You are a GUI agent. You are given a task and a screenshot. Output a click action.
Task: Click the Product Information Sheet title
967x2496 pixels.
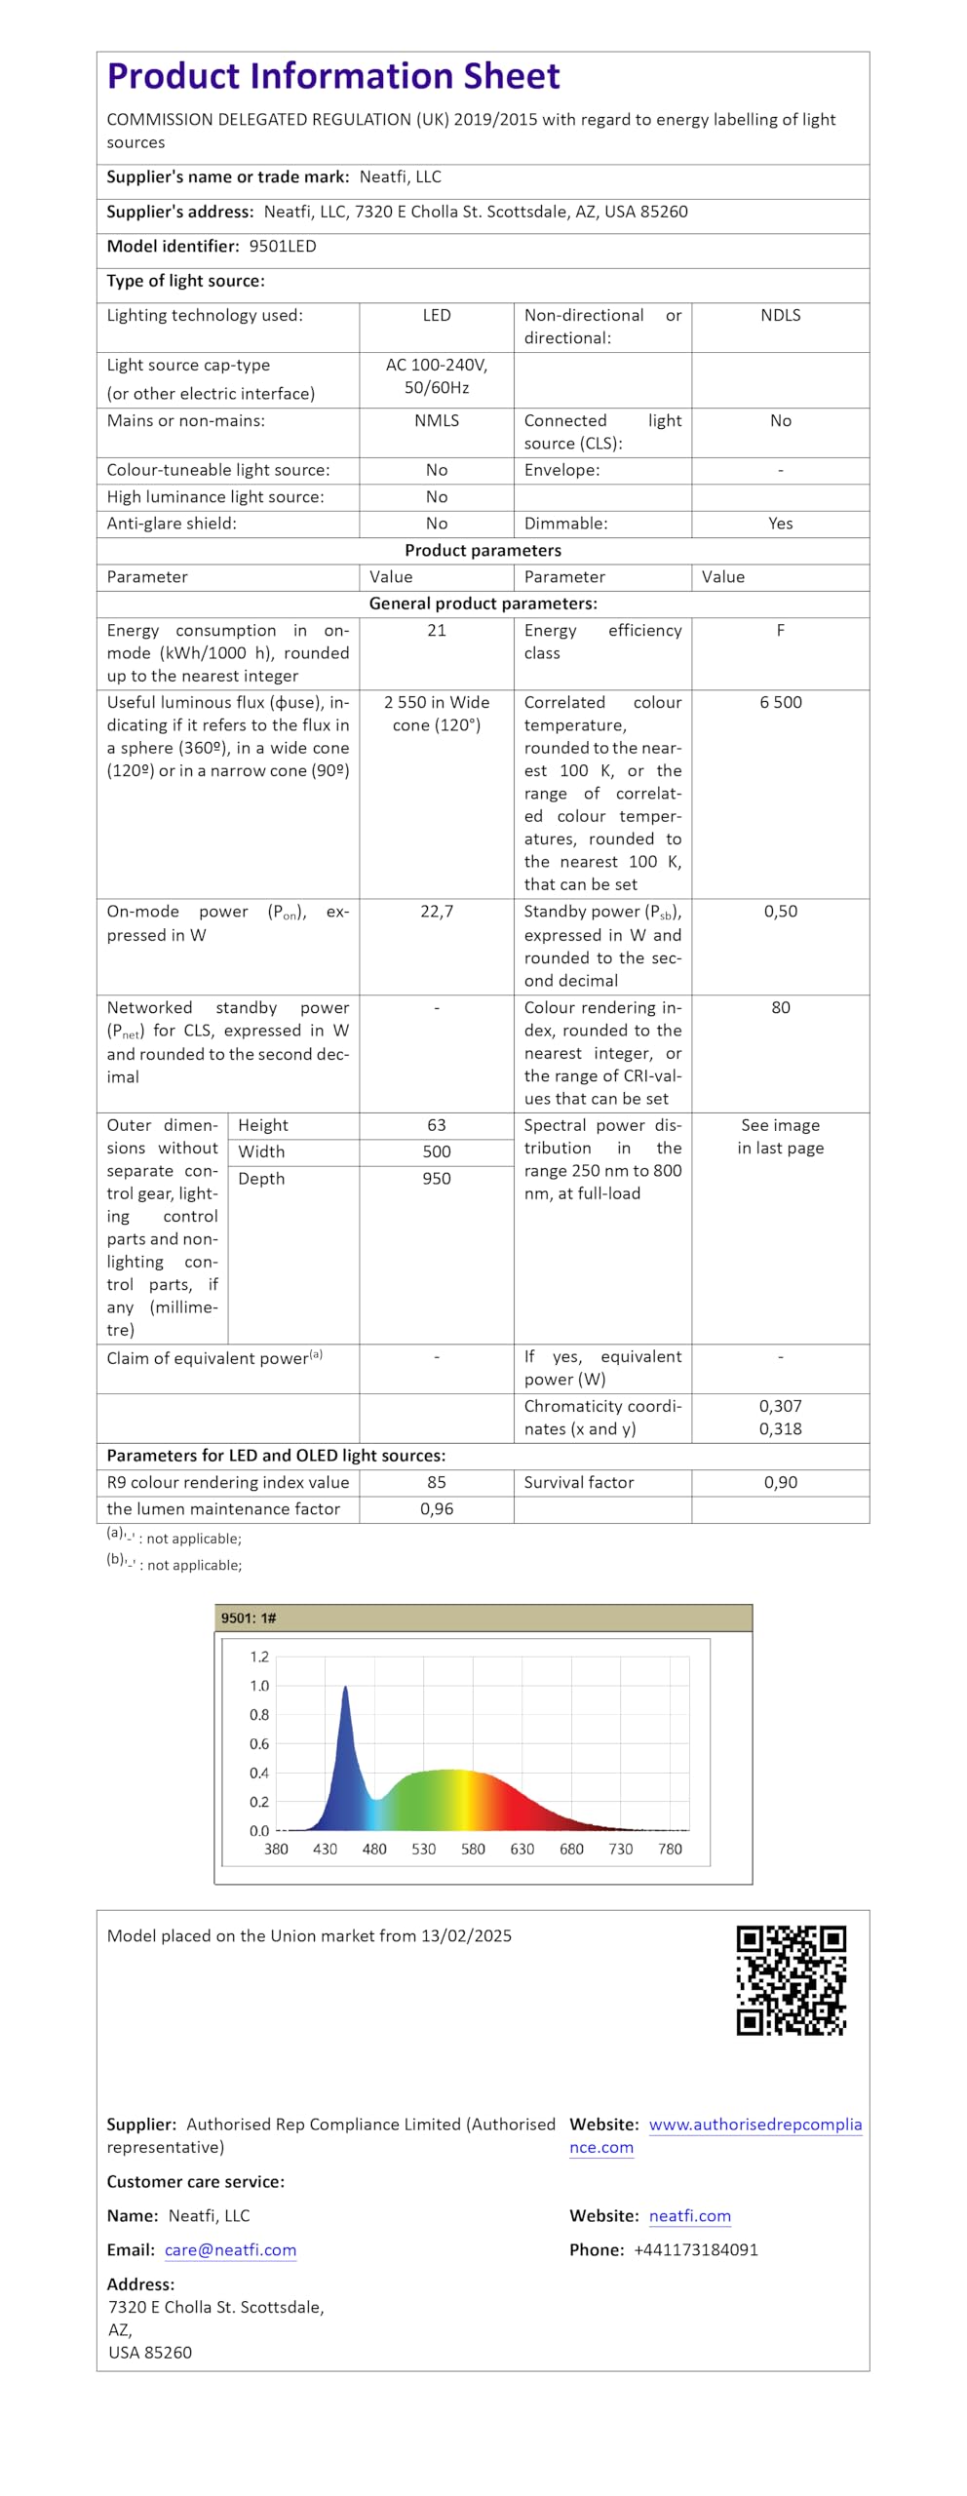[x=333, y=76]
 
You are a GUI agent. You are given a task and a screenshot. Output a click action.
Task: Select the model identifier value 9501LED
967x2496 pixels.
[x=283, y=247]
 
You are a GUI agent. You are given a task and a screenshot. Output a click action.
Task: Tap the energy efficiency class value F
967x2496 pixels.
[x=780, y=631]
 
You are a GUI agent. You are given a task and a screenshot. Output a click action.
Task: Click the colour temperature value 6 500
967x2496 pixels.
[x=780, y=703]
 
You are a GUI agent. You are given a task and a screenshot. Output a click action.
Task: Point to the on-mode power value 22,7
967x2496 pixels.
[x=437, y=912]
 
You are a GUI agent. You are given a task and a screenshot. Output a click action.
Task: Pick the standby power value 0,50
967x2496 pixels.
[x=780, y=912]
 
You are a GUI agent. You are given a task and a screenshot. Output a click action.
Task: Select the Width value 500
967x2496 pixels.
[x=437, y=1152]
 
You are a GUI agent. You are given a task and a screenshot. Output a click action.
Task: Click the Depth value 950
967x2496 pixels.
[x=437, y=1179]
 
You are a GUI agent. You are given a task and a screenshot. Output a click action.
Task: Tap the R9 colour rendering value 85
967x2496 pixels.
[x=437, y=1483]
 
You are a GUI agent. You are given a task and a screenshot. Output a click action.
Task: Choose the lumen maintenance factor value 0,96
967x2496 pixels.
[x=437, y=1509]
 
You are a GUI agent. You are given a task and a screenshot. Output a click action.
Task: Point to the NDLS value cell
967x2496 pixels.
[x=780, y=316]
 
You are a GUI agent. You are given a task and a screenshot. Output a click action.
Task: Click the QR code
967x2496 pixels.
[x=791, y=1980]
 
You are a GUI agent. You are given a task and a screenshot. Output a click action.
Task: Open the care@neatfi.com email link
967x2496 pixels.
[x=230, y=2250]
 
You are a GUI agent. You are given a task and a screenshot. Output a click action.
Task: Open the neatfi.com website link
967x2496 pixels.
[x=690, y=2216]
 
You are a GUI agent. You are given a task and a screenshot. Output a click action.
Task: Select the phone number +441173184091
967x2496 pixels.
[x=696, y=2250]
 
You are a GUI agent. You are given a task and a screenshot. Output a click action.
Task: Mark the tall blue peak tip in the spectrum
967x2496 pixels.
[x=345, y=1688]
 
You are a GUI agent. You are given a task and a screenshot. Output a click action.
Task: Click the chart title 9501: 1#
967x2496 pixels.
[x=249, y=1618]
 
